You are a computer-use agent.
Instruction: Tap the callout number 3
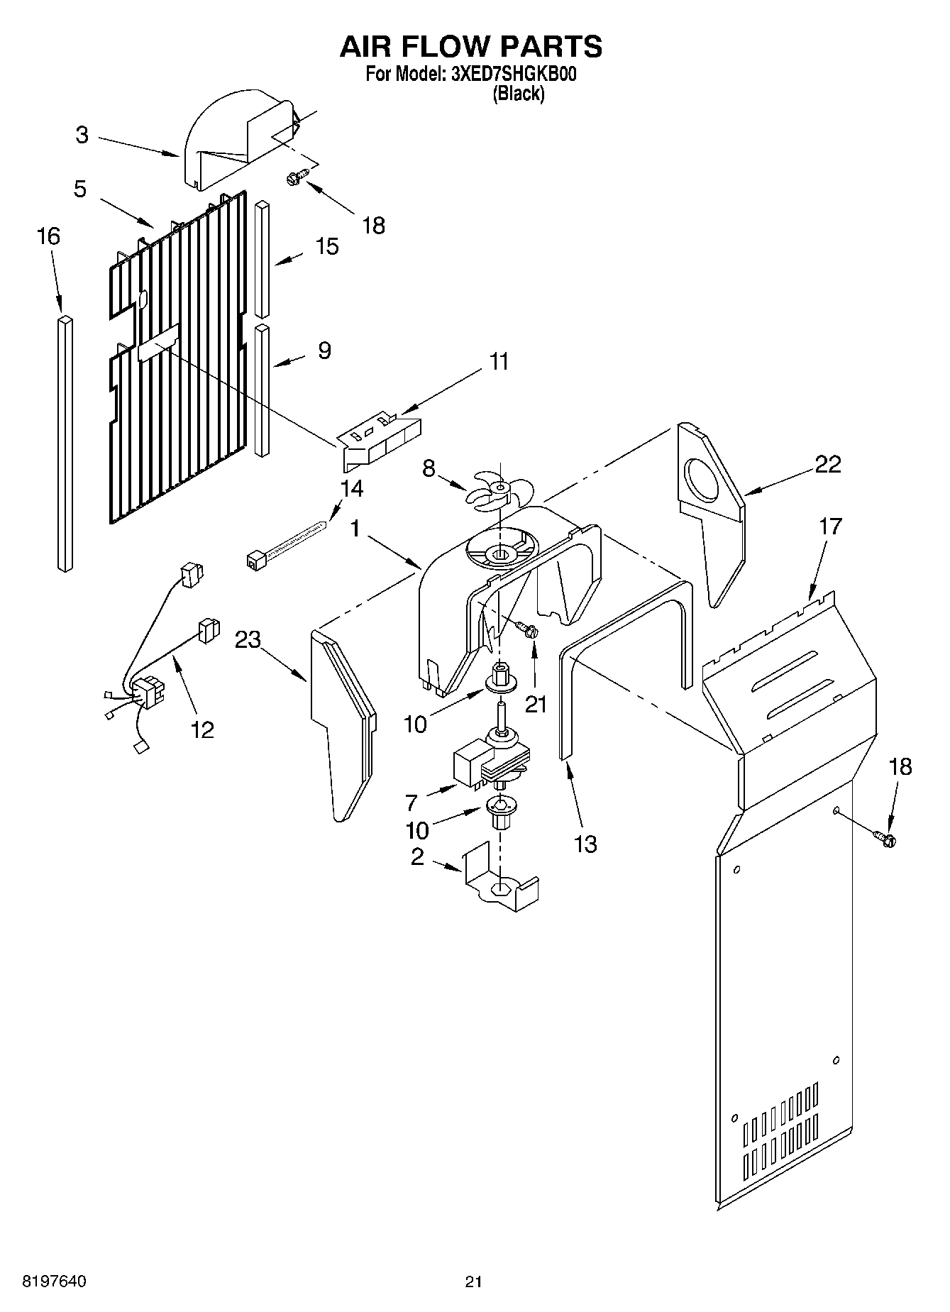(83, 135)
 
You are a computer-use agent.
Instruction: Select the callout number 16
(48, 236)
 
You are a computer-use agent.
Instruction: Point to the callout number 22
(827, 465)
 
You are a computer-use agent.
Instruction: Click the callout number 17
(830, 527)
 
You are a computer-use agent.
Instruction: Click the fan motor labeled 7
(490, 763)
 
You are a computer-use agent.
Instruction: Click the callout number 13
(585, 844)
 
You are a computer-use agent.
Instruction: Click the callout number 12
(203, 729)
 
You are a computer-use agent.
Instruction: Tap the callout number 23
(248, 640)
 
